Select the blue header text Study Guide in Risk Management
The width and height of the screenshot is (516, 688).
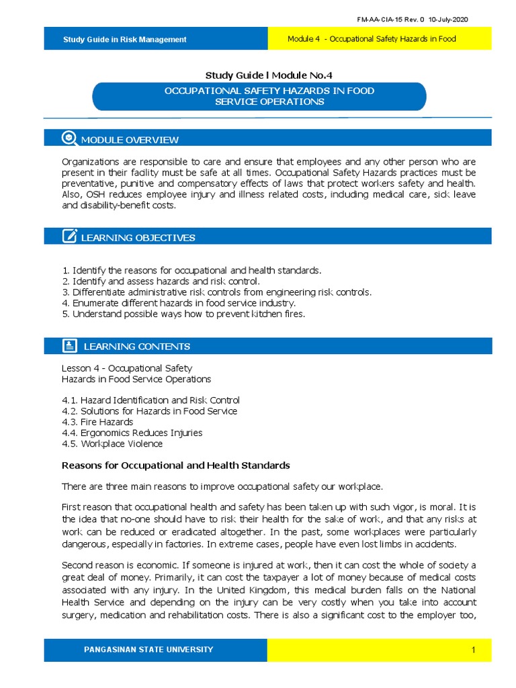(124, 40)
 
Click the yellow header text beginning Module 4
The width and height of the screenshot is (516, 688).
(372, 39)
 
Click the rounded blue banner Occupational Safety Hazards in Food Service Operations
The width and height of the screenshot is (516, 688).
(259, 96)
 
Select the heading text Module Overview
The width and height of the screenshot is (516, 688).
(130, 140)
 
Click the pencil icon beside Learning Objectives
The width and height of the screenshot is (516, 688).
(69, 236)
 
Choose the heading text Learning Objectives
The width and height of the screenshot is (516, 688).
(138, 237)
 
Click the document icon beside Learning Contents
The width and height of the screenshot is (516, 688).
(69, 346)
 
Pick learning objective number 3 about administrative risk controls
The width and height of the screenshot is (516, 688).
(216, 292)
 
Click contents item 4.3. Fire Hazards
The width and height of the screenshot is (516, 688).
(97, 422)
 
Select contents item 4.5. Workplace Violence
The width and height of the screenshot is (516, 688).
(112, 443)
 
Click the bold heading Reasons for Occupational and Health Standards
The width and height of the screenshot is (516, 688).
(175, 465)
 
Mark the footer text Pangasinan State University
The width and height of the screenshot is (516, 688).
(148, 650)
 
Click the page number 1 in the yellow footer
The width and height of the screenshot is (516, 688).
(473, 650)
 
